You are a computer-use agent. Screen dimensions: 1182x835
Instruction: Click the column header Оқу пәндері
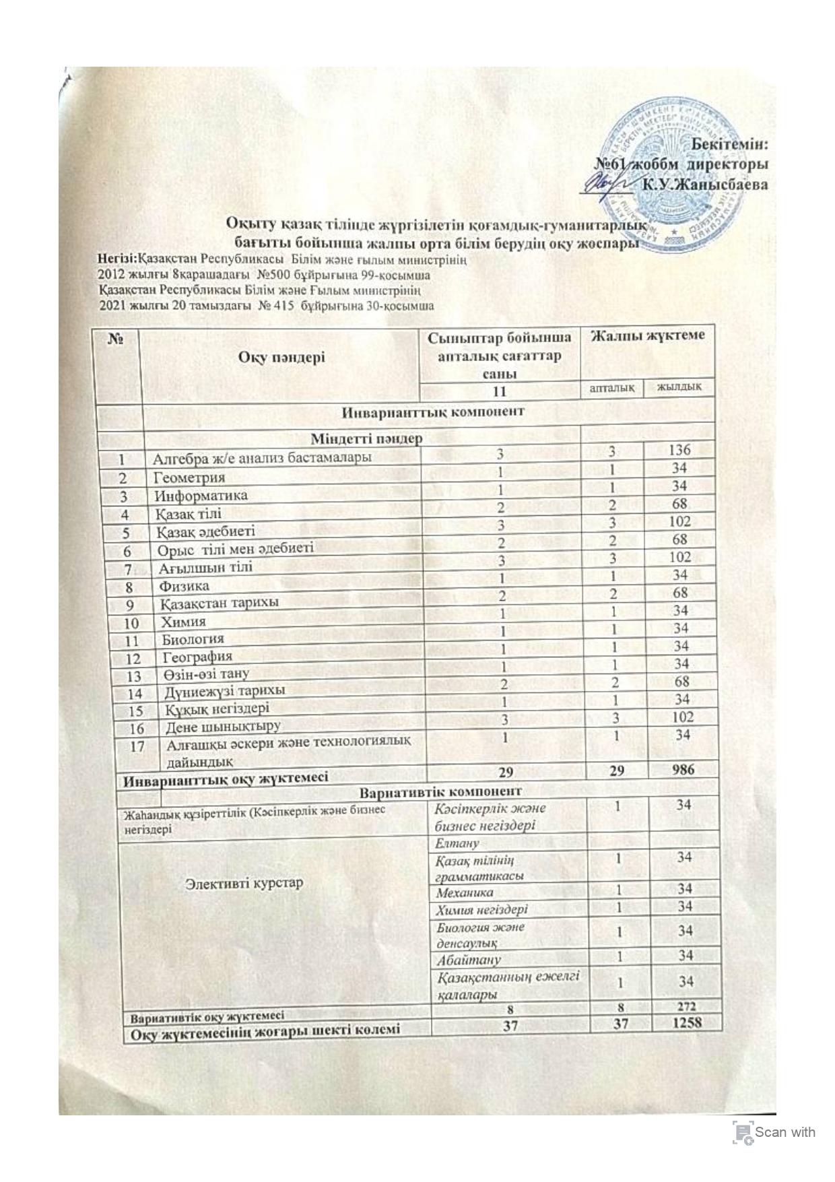point(281,357)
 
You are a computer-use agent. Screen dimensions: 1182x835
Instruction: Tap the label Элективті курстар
point(244,882)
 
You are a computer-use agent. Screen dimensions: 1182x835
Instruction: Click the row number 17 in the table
point(138,746)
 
